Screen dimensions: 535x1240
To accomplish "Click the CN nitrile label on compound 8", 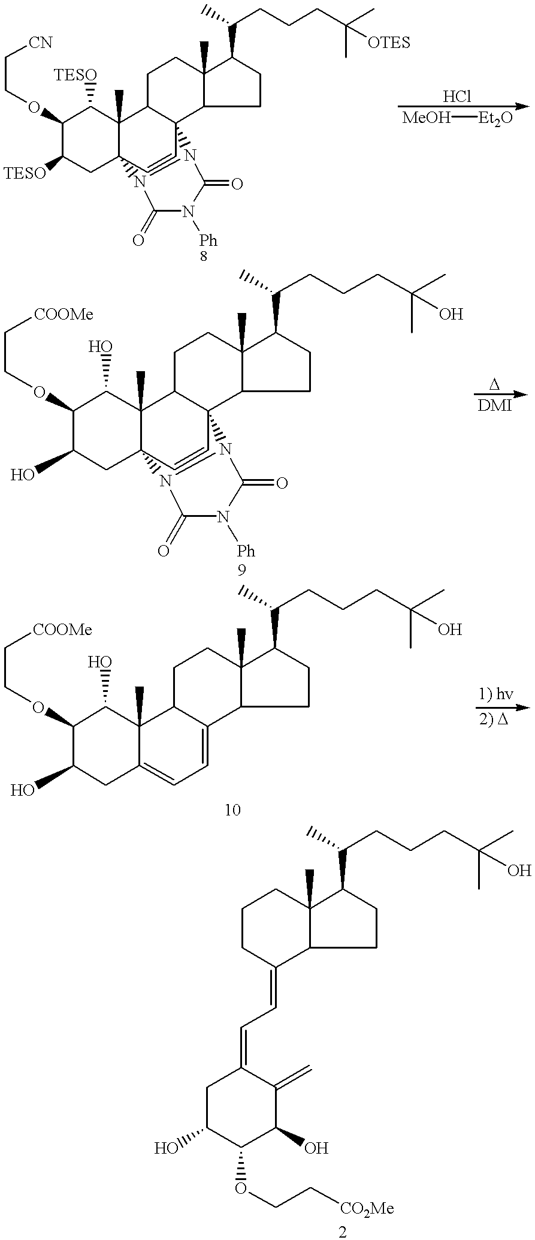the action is (x=40, y=43).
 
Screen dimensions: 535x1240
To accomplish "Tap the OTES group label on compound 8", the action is (x=389, y=43).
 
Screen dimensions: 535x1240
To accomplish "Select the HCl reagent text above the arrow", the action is (x=459, y=96).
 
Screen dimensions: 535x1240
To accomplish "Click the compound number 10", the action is (x=232, y=811).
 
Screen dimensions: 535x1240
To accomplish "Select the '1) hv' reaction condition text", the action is (x=495, y=696).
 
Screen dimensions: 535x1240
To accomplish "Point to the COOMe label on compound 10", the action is (x=63, y=630).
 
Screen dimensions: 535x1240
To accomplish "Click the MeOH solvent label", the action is (x=425, y=118).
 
